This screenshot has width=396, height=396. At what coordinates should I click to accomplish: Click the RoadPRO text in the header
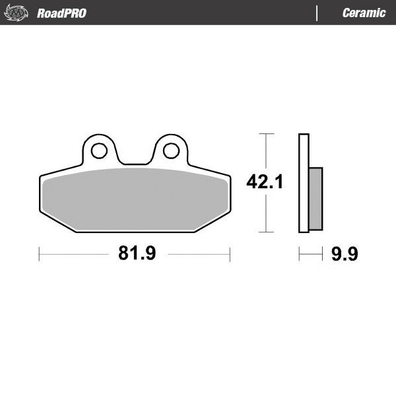coord(61,13)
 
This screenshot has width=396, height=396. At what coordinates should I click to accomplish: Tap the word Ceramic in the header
coord(364,13)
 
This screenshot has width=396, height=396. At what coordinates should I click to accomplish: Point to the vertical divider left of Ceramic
coord(317,13)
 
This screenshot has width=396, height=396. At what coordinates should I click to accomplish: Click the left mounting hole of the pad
coord(99,150)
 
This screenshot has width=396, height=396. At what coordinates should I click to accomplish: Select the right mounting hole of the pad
coord(170,150)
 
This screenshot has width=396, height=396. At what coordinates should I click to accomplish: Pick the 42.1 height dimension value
coord(265,182)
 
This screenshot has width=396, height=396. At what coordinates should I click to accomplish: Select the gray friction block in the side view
coord(316,199)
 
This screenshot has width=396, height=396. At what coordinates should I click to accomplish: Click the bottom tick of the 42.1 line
coord(265,232)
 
